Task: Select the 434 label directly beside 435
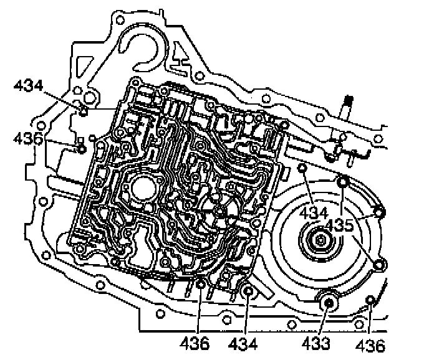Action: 312,213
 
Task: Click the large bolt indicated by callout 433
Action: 329,303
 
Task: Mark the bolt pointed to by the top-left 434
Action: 83,111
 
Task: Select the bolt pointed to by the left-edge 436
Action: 80,148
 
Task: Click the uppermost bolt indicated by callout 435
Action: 343,182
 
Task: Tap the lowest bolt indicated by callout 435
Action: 377,266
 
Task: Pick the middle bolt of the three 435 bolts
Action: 379,213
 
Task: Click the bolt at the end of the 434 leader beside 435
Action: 302,169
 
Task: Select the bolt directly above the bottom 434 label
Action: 247,290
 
